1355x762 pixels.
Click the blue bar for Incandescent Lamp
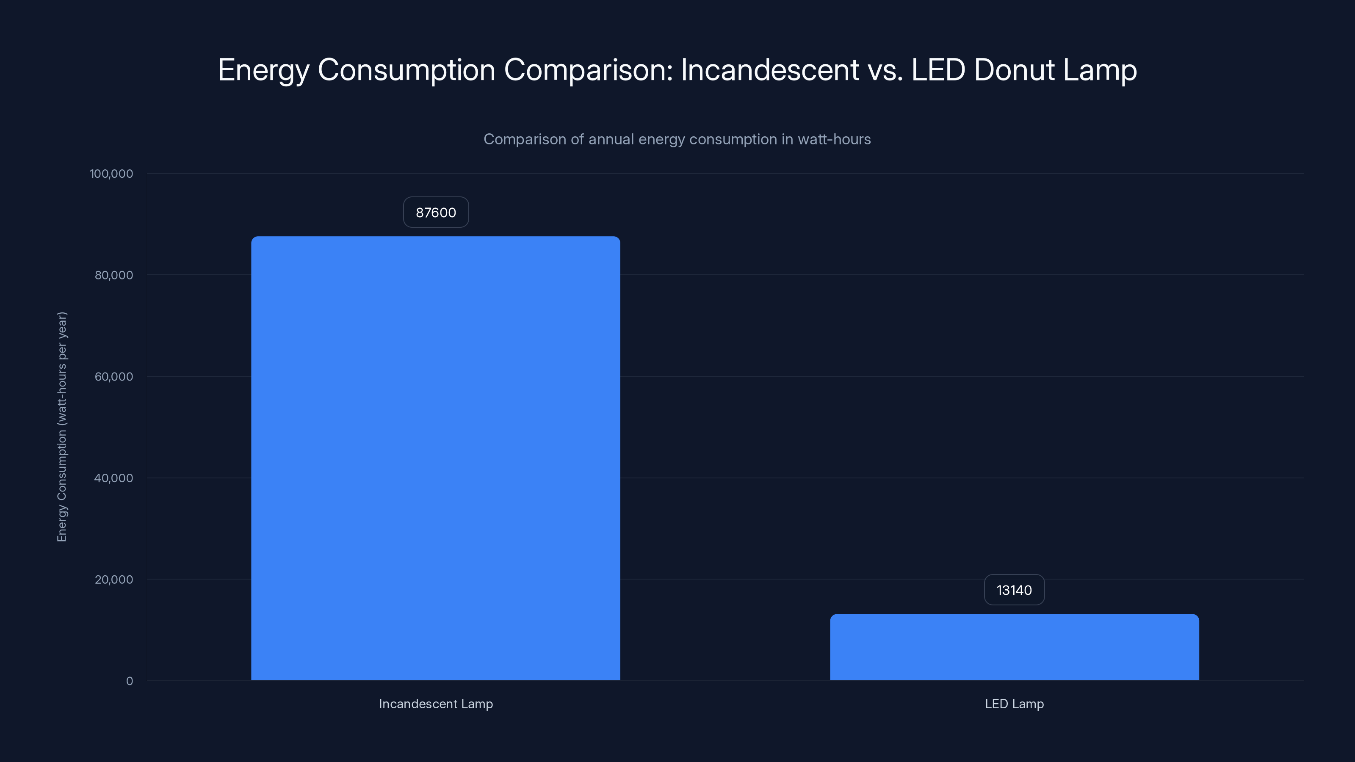tap(436, 458)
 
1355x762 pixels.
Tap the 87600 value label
tap(436, 213)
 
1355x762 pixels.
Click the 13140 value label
tap(1014, 590)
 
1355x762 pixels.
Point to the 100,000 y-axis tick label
tap(111, 174)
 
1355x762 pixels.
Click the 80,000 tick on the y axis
tap(113, 275)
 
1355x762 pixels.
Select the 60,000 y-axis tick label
tap(113, 376)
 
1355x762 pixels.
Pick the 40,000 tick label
tap(113, 478)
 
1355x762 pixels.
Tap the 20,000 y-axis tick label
tap(113, 580)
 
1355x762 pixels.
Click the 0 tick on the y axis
tap(130, 681)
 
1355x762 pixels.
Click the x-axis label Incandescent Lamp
tap(436, 704)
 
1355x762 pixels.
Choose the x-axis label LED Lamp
tap(1014, 704)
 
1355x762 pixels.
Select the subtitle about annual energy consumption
tap(677, 139)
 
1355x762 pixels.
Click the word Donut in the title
tap(1014, 69)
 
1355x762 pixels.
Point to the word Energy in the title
tap(263, 70)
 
